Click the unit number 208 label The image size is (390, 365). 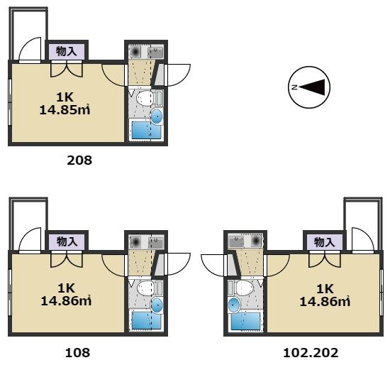(x=79, y=160)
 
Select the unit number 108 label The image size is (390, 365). (x=77, y=352)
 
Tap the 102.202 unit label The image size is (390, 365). (x=311, y=353)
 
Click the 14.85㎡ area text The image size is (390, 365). (x=65, y=110)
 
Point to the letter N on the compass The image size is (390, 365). (x=294, y=87)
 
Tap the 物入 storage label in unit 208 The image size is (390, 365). (x=66, y=52)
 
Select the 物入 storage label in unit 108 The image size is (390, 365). (x=67, y=241)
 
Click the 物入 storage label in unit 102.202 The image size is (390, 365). (x=324, y=242)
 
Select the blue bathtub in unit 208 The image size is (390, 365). (x=146, y=130)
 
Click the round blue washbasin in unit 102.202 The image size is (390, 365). (x=234, y=305)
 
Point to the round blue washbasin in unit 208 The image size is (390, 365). (x=157, y=116)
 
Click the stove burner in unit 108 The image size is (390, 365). (x=135, y=241)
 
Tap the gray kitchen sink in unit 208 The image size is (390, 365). (x=155, y=52)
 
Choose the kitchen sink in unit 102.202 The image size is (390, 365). (x=236, y=241)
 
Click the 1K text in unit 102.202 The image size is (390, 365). (x=325, y=289)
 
